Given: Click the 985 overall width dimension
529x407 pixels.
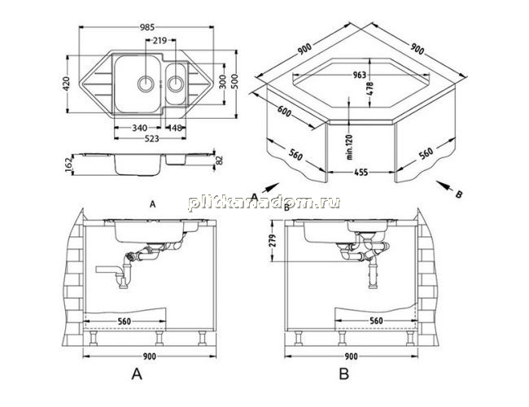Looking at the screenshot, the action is (x=147, y=28).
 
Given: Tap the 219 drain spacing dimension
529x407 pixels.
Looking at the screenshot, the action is (x=160, y=41).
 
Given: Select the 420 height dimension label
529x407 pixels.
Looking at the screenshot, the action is (x=66, y=84).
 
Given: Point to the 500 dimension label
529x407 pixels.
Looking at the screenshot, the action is (x=234, y=81).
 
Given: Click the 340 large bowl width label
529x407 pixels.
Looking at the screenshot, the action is (x=139, y=128).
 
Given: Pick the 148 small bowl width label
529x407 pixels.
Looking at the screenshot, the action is (x=175, y=128).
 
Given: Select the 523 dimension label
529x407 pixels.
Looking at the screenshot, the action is (x=151, y=138).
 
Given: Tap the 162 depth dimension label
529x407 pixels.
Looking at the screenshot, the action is (x=69, y=164).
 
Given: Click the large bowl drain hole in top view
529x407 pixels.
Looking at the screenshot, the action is (x=146, y=83).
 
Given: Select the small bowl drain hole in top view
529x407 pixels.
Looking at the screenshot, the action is (x=176, y=84).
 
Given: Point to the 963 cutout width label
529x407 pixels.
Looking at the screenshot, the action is (x=359, y=75).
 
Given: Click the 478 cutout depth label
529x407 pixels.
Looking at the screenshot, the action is (x=370, y=89).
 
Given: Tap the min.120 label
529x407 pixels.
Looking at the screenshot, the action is (x=349, y=147).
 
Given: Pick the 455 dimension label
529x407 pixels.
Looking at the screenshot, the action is (x=361, y=173).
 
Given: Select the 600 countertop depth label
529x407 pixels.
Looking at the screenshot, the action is (x=284, y=112).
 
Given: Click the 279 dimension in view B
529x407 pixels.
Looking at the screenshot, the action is (x=273, y=240).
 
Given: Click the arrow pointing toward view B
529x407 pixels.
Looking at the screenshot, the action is (x=445, y=186).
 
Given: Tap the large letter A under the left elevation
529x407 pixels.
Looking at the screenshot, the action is (x=137, y=374).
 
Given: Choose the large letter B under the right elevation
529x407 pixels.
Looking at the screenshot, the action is (x=344, y=374).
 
